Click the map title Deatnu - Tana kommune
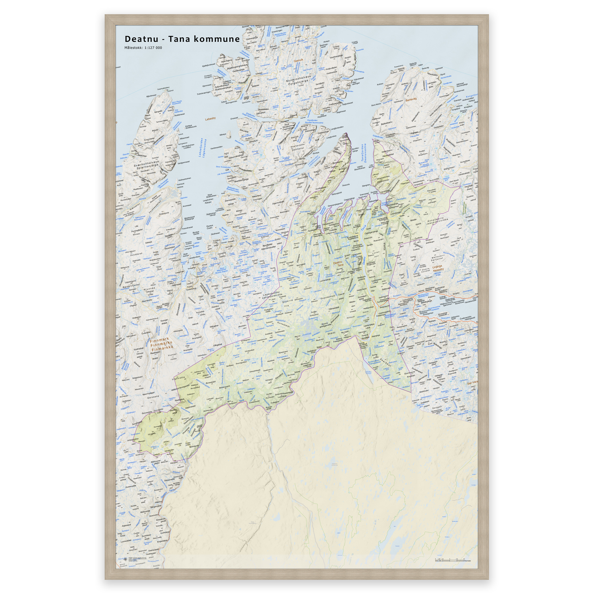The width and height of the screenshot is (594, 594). [182, 39]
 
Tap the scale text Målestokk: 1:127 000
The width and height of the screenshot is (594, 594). [143, 48]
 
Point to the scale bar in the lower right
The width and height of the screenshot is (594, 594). [450, 560]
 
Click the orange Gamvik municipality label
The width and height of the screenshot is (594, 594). [298, 61]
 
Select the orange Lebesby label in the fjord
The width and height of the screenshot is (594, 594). [210, 118]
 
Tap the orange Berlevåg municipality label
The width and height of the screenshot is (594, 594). [411, 99]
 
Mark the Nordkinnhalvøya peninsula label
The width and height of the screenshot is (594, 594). [298, 79]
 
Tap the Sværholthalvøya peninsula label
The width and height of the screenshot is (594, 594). [146, 164]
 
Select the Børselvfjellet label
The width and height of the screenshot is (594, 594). [131, 286]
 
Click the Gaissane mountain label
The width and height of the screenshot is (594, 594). [153, 397]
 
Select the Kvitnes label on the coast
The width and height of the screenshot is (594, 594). [380, 84]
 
